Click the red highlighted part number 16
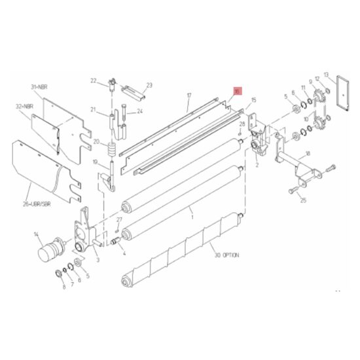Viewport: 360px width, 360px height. (238, 92)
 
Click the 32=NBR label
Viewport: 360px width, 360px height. (24, 105)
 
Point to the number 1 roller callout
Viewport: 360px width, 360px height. (192, 213)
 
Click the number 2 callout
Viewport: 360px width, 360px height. (257, 166)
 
